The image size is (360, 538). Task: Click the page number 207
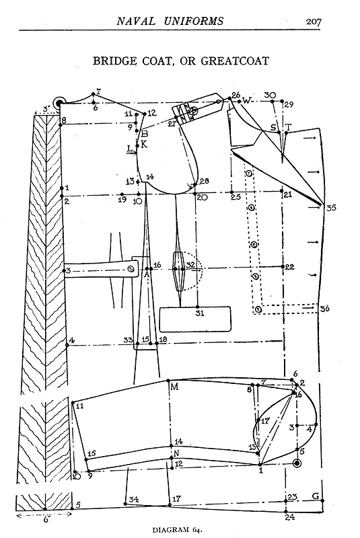point(314,22)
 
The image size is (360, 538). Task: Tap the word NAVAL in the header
point(136,22)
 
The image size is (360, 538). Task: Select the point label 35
point(331,208)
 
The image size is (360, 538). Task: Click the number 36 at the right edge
point(324,309)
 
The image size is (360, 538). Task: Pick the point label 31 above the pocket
point(200,313)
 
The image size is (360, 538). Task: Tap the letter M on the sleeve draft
point(174,387)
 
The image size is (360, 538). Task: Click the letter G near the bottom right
point(316,496)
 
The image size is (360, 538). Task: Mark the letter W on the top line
point(247,100)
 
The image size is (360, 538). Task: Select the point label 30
point(270,95)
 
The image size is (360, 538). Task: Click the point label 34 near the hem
point(134,499)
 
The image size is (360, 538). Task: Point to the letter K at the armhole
point(144,144)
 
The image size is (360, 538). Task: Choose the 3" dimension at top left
point(46,109)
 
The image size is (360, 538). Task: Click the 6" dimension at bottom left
point(45,519)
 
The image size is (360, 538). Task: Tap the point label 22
point(289,267)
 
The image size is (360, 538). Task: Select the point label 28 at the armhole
point(204,181)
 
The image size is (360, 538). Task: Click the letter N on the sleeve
point(176,453)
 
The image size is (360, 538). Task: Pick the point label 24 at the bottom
point(290,516)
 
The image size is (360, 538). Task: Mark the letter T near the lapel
point(288,127)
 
